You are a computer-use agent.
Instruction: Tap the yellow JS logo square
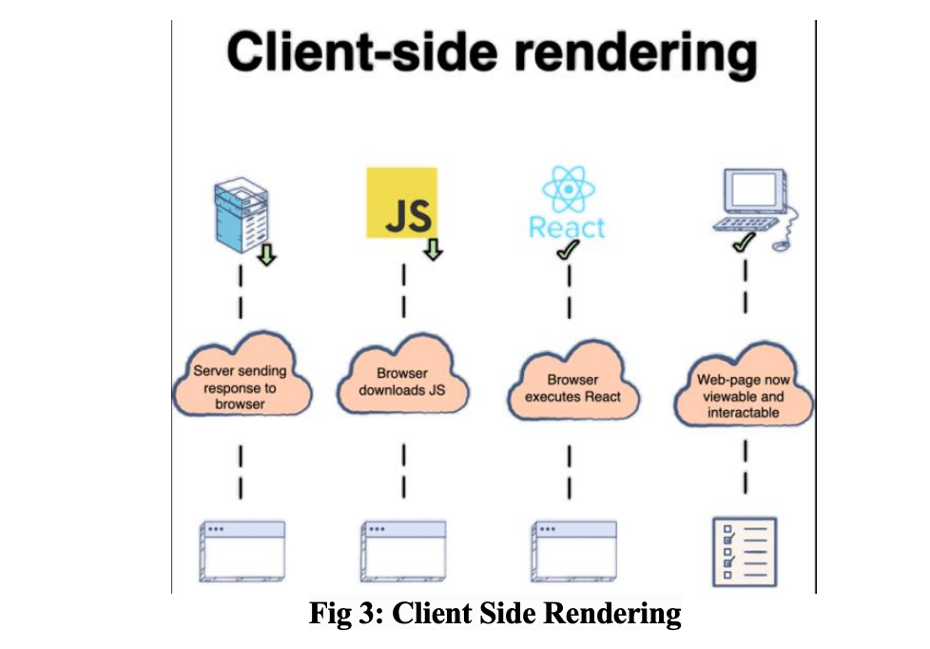(x=402, y=203)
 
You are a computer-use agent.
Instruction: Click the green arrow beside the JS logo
(x=434, y=249)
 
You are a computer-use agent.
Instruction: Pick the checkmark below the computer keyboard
(x=743, y=246)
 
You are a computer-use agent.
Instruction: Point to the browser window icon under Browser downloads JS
(x=403, y=550)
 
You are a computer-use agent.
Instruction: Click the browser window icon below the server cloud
(x=242, y=550)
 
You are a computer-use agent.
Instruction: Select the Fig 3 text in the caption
(x=341, y=614)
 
